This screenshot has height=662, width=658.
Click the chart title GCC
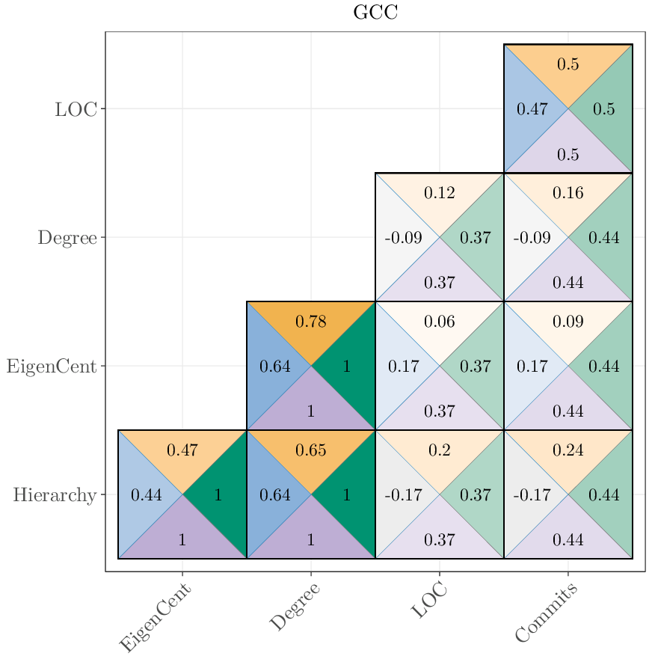375,13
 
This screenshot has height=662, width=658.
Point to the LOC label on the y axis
76,109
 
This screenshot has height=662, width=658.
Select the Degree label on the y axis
67,238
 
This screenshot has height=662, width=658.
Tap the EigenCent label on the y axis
52,367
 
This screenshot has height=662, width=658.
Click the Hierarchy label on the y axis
55,495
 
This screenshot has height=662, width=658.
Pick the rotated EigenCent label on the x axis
156,618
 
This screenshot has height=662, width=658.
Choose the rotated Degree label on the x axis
295,607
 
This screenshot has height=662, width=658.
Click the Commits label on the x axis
547,613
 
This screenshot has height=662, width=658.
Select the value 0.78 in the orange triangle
310,322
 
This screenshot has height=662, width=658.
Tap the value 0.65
310,450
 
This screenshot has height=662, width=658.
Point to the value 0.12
439,194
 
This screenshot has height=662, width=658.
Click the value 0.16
568,194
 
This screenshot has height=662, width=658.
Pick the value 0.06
439,322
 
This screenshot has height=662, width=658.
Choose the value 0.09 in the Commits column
568,322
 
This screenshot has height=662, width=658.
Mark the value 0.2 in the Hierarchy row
439,450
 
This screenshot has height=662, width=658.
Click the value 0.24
568,450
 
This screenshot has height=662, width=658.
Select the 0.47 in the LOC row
532,109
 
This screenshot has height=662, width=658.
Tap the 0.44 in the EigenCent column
147,495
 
